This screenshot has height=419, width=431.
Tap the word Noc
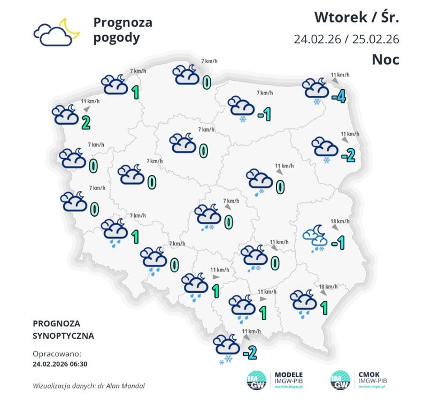pyautogui.click(x=386, y=59)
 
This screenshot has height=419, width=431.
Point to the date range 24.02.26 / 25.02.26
pyautogui.click(x=346, y=40)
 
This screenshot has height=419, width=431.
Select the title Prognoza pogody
pyautogui.click(x=122, y=30)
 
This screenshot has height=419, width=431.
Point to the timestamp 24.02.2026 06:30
pyautogui.click(x=60, y=364)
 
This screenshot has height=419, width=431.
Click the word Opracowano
pyautogui.click(x=57, y=354)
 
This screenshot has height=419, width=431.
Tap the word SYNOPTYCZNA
pyautogui.click(x=63, y=336)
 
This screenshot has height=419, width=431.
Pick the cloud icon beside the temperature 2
pyautogui.click(x=65, y=115)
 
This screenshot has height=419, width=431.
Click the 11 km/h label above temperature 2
pyautogui.click(x=90, y=102)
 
